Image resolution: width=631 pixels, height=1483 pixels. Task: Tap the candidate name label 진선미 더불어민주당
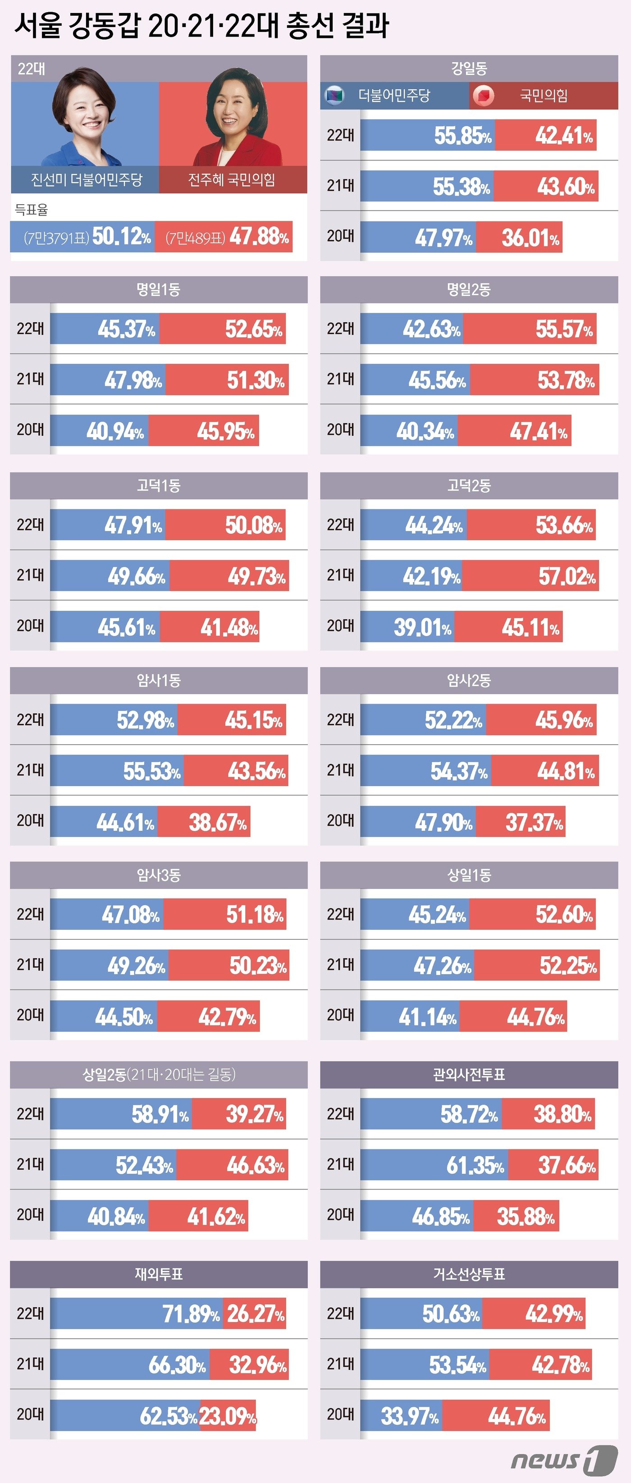[87, 180]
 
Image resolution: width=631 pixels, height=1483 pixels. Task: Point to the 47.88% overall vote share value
[259, 237]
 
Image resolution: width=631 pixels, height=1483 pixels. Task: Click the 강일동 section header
[469, 69]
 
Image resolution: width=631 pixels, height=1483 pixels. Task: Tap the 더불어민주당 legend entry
[394, 96]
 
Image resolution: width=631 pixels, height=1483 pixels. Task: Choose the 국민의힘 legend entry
[544, 96]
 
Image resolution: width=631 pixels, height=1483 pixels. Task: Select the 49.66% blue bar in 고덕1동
[110, 576]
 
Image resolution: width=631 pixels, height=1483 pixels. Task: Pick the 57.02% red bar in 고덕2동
[530, 576]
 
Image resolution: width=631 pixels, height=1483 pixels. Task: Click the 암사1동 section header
[159, 681]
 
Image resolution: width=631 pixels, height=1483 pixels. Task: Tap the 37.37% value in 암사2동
[534, 822]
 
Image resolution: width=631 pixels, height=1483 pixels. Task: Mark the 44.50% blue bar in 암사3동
[104, 1016]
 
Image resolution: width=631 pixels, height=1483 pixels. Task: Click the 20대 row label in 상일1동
[340, 1016]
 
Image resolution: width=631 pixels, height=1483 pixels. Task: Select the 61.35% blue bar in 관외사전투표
[434, 1165]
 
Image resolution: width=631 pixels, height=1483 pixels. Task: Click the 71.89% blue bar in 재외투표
[137, 1314]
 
